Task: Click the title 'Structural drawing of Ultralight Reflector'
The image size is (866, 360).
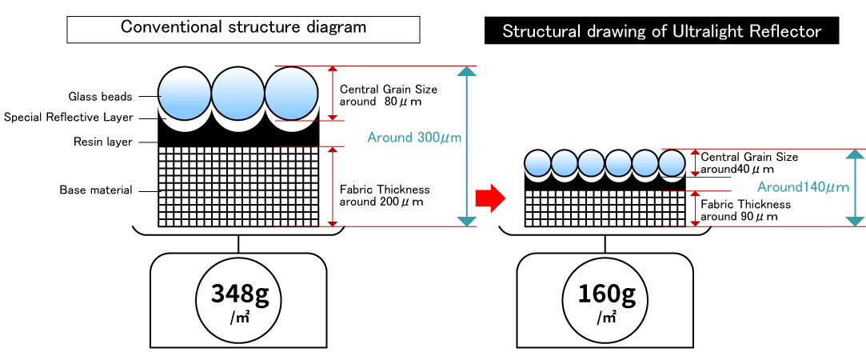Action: point(661,32)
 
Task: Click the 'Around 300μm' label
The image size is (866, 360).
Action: point(414,138)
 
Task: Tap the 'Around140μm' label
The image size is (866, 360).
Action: point(803,187)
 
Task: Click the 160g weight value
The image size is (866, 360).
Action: point(605,295)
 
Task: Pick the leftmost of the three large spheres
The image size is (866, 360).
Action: point(185,94)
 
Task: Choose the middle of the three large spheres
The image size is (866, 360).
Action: point(237,94)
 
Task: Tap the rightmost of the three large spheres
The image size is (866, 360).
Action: point(291,94)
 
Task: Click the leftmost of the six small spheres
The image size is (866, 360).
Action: point(537,163)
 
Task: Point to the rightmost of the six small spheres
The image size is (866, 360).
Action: point(672,163)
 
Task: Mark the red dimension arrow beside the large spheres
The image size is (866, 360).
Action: point(333,94)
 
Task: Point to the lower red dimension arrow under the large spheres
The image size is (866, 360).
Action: point(333,186)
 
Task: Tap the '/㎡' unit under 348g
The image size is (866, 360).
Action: point(238,318)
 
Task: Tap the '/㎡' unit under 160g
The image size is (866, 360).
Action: point(605,318)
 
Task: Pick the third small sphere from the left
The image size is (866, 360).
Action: point(591,163)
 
